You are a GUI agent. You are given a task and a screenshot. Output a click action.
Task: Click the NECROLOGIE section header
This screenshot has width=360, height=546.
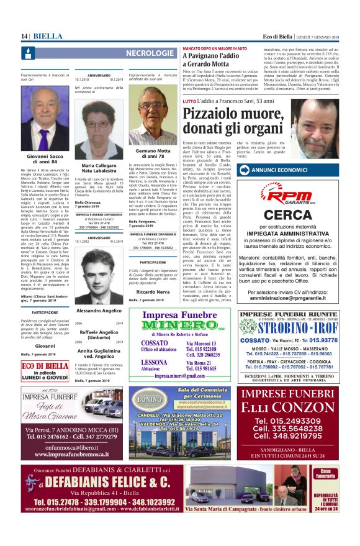(150, 54)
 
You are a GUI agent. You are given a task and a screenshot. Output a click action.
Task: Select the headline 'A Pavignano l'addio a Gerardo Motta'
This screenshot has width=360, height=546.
(211, 60)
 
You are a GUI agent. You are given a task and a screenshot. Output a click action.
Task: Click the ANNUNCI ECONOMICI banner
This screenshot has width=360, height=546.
(292, 169)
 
